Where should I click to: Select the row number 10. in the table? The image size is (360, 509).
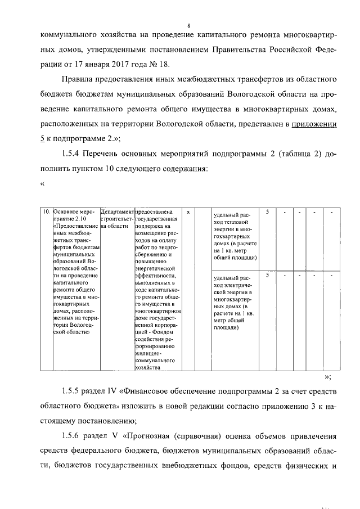pyautogui.click(x=47, y=212)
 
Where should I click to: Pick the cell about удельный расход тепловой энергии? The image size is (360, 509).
pyautogui.click(x=236, y=236)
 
